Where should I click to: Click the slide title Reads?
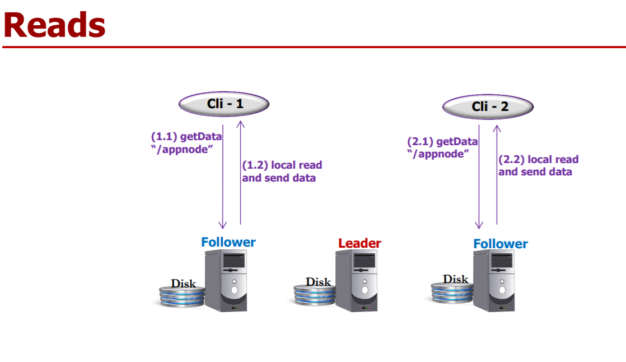point(54,25)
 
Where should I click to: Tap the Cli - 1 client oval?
point(224,104)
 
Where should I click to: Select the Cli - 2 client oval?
point(488,106)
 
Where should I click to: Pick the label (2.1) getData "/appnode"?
point(442,147)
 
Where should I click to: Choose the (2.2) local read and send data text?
point(538,165)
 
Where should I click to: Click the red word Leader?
point(359,243)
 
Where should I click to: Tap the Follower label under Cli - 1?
point(228,242)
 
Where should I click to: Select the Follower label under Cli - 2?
point(501,244)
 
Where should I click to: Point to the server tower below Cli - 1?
point(226,280)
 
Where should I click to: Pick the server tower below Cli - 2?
point(494,280)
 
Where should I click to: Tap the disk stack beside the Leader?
point(314,293)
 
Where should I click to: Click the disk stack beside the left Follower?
point(180,294)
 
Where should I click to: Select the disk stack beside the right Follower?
point(451,291)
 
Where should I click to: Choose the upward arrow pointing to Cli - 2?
point(496,174)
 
